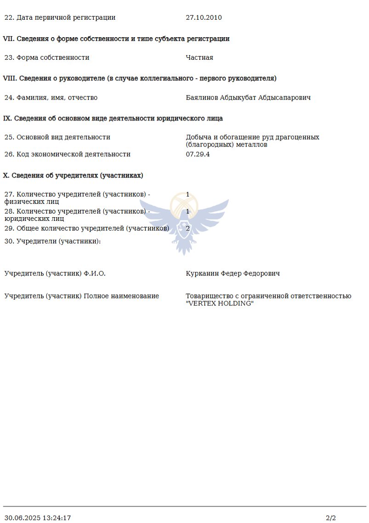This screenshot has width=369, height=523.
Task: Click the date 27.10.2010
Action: pos(204,18)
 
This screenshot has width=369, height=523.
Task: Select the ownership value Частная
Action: pos(199,58)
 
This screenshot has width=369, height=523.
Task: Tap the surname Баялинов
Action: pos(202,98)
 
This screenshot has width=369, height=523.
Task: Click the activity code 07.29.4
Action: pos(198,154)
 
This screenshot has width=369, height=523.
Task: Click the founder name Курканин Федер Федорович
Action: pos(233,274)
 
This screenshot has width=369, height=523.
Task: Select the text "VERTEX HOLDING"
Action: pos(220,304)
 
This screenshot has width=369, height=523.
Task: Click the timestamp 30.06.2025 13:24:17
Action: pos(38,518)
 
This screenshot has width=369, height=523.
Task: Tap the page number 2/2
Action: pos(331,518)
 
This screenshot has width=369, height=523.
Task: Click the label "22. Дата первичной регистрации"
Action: pos(60,18)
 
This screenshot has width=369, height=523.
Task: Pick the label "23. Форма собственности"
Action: pos(47,58)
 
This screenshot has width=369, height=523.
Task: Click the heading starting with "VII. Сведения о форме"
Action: pos(116,39)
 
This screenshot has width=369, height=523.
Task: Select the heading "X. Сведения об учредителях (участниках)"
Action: pos(73,175)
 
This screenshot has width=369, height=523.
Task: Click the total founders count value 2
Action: pos(187,228)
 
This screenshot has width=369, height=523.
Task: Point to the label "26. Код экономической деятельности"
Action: pos(67,154)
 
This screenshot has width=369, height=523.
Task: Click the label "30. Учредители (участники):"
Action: pos(52,242)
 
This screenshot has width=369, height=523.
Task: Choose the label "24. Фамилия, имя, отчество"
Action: pos(51,98)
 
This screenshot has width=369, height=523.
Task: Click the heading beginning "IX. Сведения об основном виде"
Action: pos(113,118)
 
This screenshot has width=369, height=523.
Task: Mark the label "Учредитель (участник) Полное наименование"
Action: pos(82,296)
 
